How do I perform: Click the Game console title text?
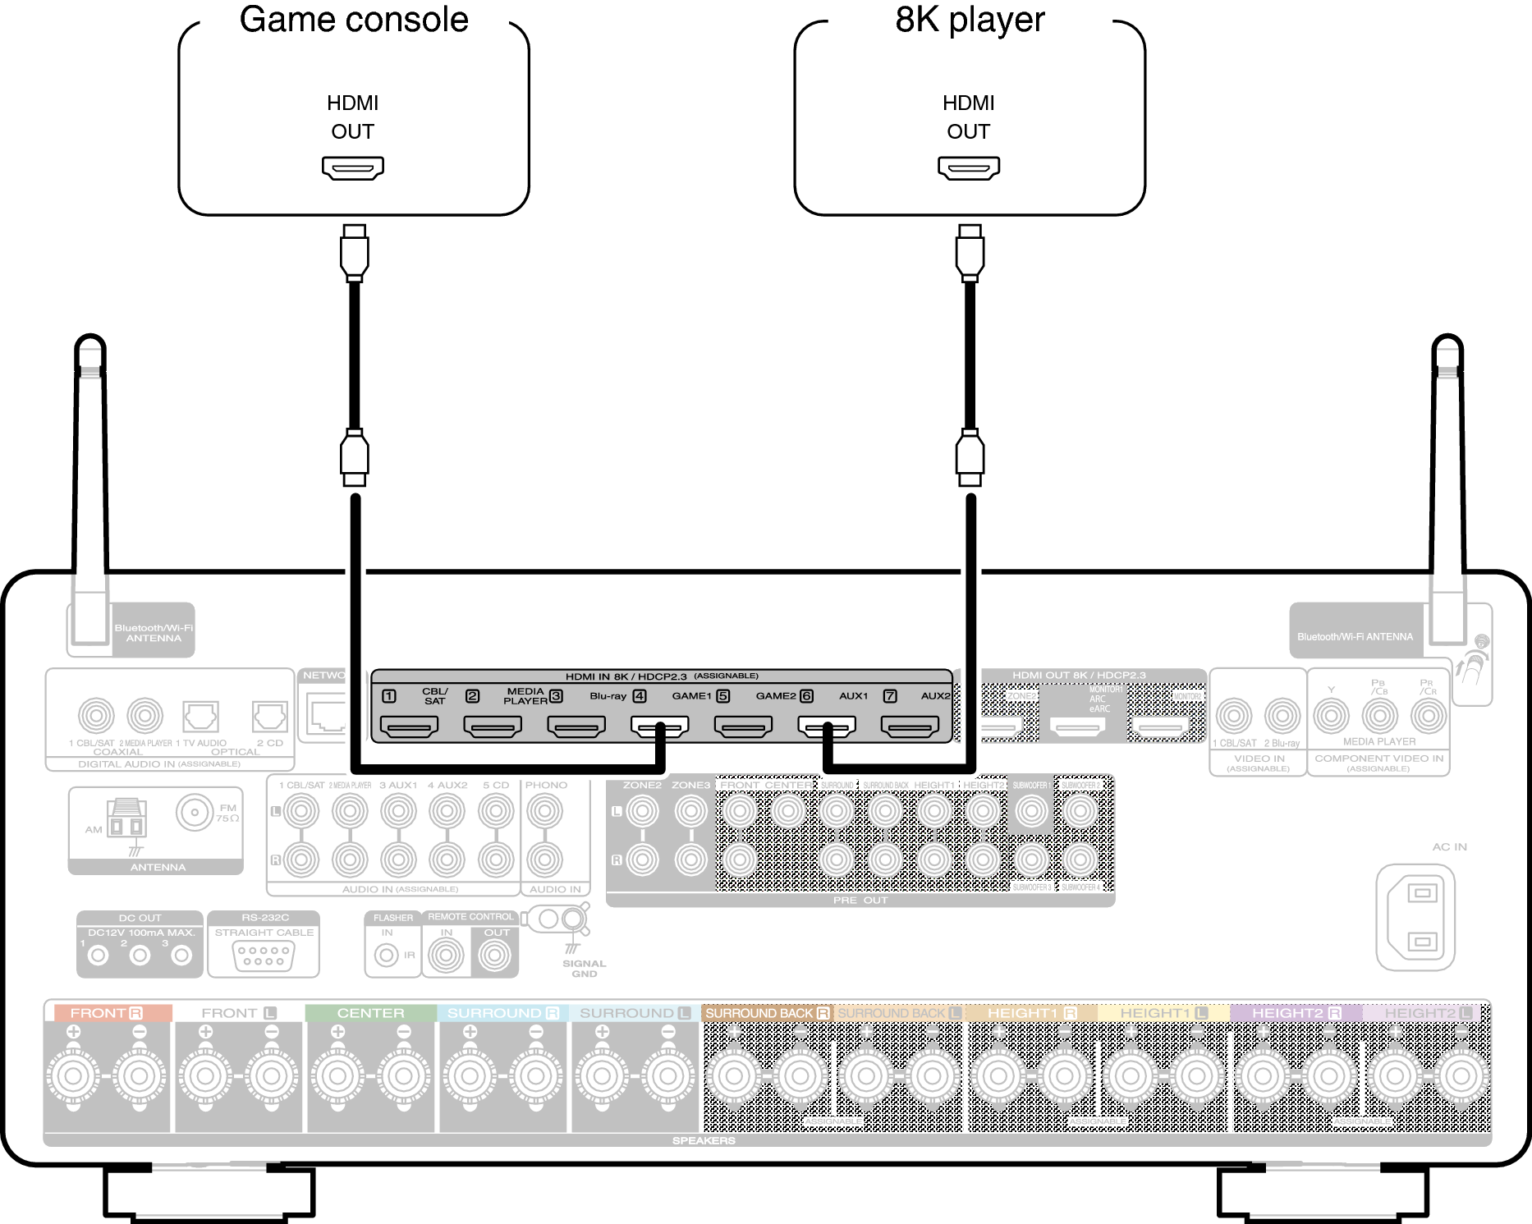click(x=353, y=20)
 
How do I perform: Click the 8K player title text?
click(x=970, y=20)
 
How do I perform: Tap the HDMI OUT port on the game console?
click(x=352, y=167)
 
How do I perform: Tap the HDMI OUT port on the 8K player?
click(x=969, y=167)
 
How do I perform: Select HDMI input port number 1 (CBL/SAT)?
click(x=408, y=726)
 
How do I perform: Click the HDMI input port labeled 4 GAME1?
click(x=659, y=726)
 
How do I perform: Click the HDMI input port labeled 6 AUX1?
click(x=827, y=726)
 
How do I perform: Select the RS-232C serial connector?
click(x=264, y=956)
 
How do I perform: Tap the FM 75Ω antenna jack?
click(x=195, y=814)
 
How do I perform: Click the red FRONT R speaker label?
click(x=107, y=1013)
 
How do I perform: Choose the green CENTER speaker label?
click(x=370, y=1013)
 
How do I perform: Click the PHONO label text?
click(x=546, y=785)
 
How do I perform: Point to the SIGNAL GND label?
click(x=584, y=969)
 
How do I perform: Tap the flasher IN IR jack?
click(x=387, y=956)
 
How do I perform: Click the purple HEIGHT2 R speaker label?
click(x=1296, y=1013)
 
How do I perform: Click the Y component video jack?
click(x=1331, y=716)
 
